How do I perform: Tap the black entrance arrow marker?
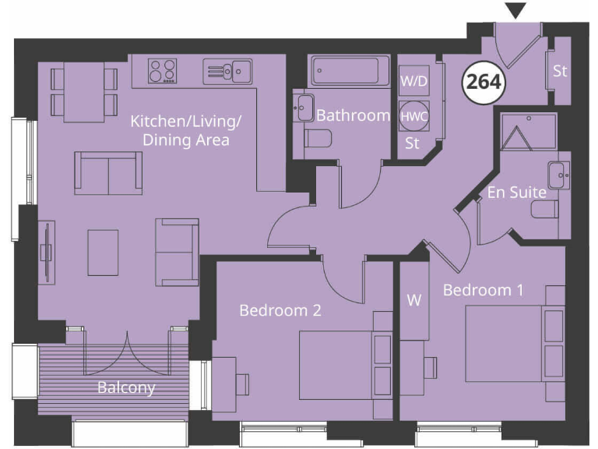point(515,11)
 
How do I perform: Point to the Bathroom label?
point(353,115)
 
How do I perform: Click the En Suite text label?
point(517,191)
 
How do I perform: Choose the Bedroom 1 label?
point(483,290)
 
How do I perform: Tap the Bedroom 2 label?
point(280,310)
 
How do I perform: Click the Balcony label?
point(126,387)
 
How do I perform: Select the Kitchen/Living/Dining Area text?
point(186,130)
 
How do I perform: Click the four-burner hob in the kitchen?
point(162,71)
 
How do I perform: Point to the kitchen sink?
point(227,71)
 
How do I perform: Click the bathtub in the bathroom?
point(345,72)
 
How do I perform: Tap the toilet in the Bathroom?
point(318,139)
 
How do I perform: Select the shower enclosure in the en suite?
point(529,130)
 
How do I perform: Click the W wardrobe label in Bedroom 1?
point(414,300)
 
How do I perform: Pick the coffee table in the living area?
point(103,252)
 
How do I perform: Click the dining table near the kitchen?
point(83,92)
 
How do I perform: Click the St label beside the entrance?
point(560,71)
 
